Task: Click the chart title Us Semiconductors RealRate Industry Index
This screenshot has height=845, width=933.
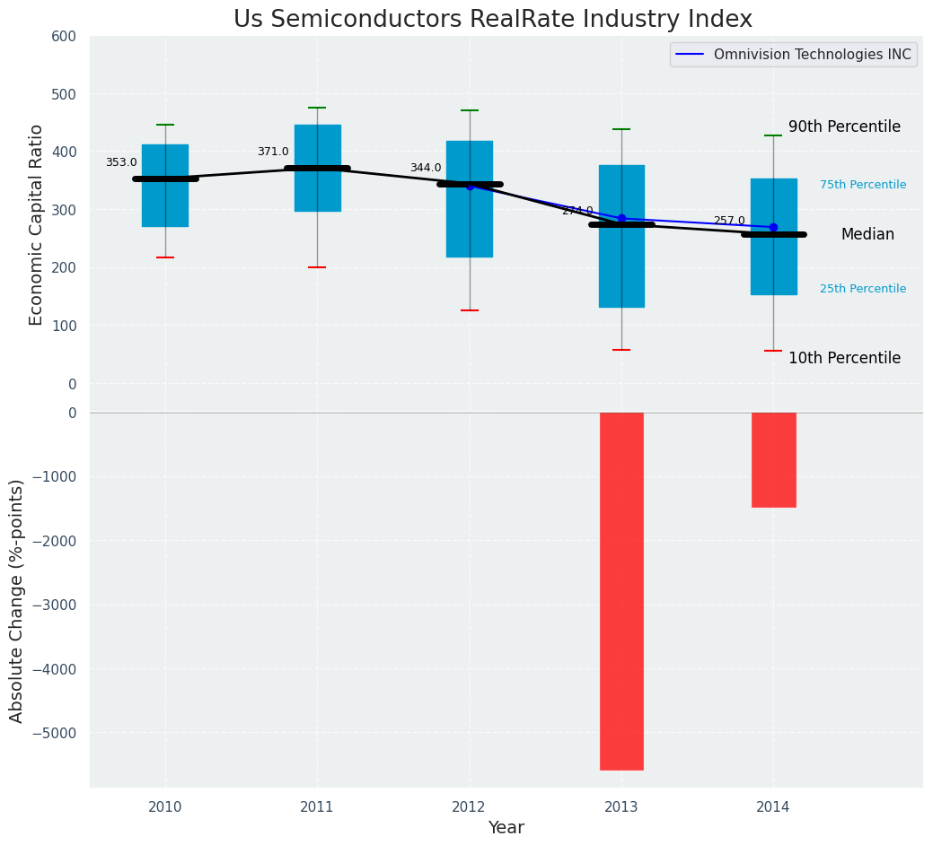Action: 492,20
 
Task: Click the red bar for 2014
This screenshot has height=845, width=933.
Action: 773,459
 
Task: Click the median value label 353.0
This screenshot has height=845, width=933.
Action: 121,163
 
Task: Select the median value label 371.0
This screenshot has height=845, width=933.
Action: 273,152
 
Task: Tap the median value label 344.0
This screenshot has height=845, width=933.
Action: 426,169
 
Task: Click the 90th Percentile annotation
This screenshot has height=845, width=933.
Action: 844,127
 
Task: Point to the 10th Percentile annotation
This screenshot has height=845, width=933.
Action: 844,359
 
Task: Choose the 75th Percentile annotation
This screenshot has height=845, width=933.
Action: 863,185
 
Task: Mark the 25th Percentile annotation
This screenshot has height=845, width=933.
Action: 863,289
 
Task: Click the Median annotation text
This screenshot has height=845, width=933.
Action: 867,235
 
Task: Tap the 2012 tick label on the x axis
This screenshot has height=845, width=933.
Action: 469,807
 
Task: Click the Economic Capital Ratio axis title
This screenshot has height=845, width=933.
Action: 36,224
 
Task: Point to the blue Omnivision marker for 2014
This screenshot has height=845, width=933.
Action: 773,228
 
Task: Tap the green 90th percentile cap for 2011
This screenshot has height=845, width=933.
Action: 317,108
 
